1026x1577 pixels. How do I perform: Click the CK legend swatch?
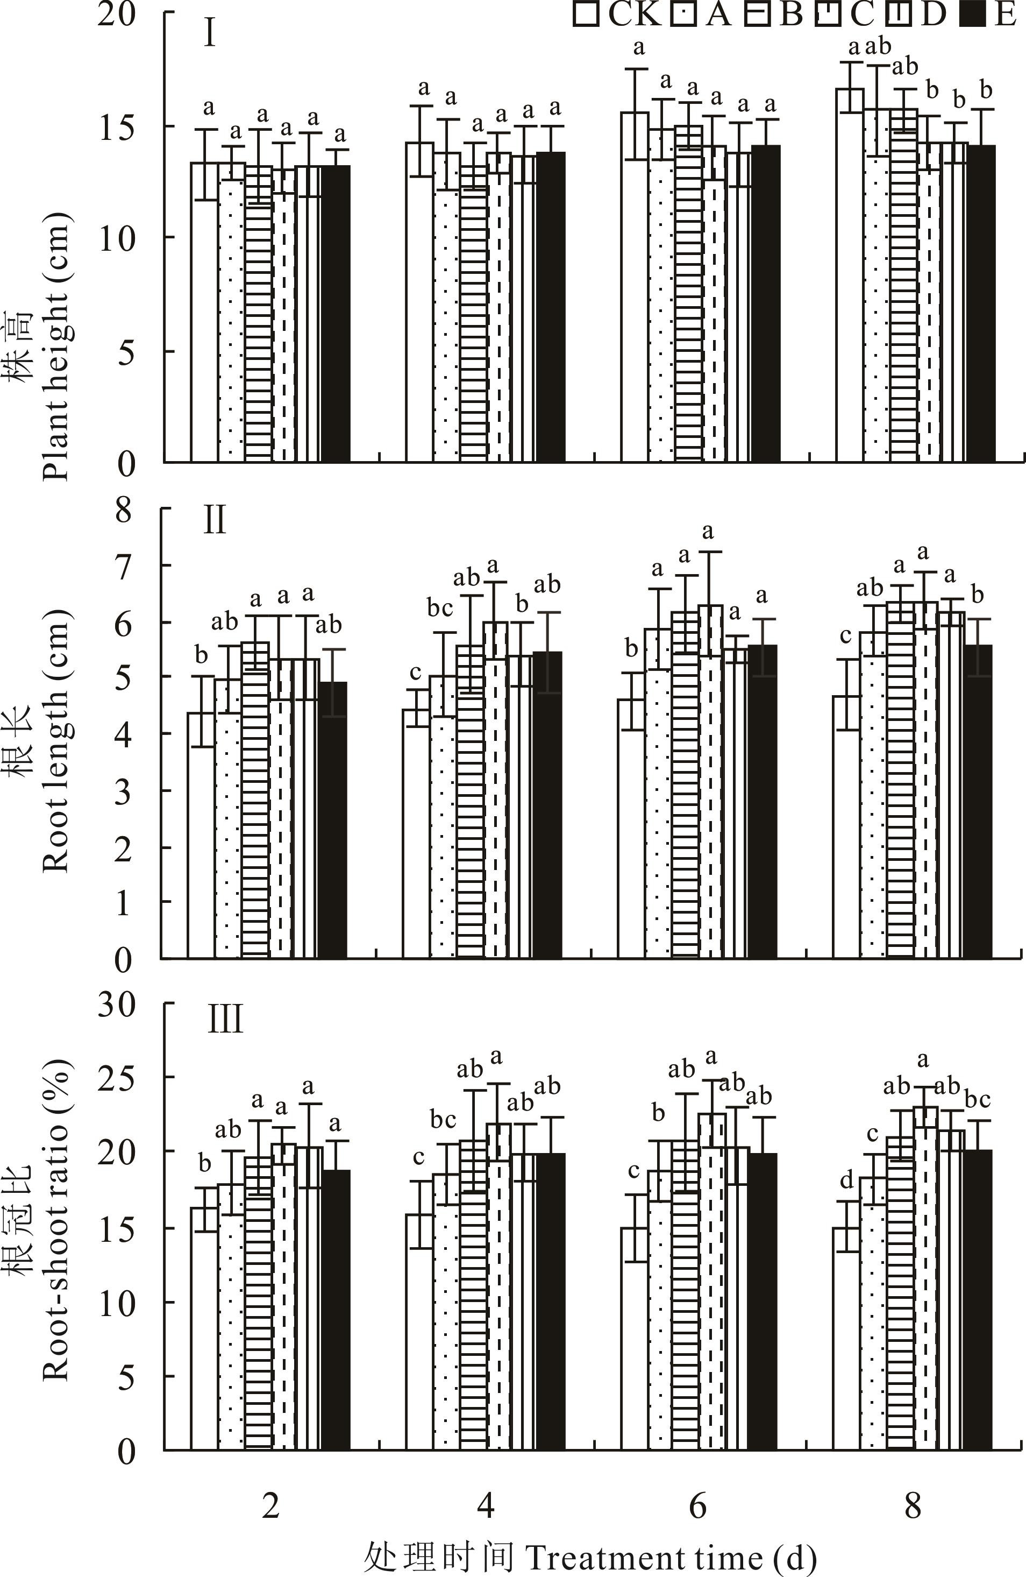pos(586,15)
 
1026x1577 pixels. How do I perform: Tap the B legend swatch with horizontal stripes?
pos(757,15)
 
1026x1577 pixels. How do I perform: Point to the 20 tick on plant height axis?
pos(117,15)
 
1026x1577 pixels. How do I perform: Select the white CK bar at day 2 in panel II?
pos(201,835)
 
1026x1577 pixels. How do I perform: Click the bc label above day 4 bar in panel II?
pos(440,607)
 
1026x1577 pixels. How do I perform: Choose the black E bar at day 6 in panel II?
pos(762,802)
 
